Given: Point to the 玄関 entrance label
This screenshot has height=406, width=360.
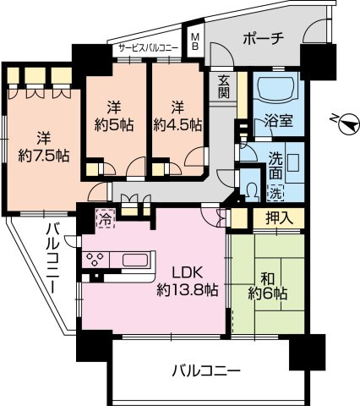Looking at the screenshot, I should (224, 87).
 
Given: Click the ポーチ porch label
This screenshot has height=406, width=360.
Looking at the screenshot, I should (264, 38).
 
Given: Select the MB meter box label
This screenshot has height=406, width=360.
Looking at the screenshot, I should (194, 42).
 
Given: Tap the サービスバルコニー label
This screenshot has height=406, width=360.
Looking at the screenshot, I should (147, 48).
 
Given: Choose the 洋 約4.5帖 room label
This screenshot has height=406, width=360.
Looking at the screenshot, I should (177, 115).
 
